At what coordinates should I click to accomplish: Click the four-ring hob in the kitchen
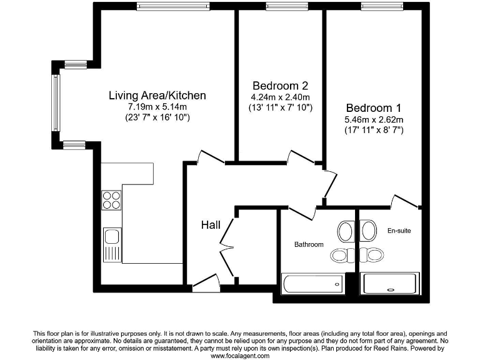[111, 200]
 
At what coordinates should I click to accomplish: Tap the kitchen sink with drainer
[112, 244]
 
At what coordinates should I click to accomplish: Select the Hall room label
[209, 225]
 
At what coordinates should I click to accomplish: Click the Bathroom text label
[309, 244]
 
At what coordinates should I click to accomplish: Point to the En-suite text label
[399, 231]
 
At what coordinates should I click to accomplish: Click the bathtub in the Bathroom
[313, 284]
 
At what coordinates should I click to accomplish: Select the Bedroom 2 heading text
[280, 85]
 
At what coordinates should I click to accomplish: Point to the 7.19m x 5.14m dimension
[157, 107]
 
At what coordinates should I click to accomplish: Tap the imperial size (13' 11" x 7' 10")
[280, 107]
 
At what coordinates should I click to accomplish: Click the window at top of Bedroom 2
[279, 7]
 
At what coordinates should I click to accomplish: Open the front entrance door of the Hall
[206, 285]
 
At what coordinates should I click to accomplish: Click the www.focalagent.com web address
[240, 356]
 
